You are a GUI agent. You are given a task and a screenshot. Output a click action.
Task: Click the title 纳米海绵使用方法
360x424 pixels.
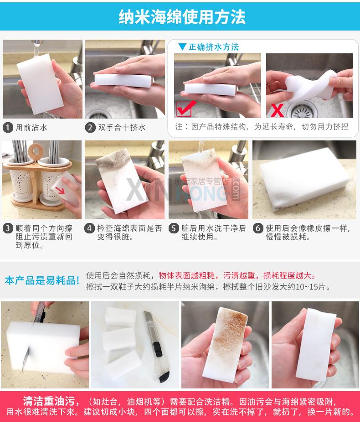182,17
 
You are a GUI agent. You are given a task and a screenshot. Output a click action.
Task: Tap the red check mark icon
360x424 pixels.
186,108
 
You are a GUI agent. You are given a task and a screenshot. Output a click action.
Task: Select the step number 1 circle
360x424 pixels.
8,127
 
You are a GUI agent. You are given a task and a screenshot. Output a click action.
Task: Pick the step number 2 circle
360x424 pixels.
90,127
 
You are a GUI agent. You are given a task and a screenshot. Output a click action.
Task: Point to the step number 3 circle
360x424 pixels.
8,228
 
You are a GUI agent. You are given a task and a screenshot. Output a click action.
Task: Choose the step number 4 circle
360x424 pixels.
89,228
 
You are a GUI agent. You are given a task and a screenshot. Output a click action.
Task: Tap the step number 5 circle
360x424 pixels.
174,228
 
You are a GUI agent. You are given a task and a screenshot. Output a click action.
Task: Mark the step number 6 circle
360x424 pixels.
258,228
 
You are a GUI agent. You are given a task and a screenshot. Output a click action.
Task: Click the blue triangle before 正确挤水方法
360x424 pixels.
182,47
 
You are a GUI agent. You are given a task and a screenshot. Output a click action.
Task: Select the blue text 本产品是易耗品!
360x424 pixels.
42,280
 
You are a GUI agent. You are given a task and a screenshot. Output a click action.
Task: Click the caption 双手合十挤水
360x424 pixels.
122,127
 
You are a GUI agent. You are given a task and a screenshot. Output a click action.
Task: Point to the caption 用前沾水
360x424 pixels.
31,127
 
